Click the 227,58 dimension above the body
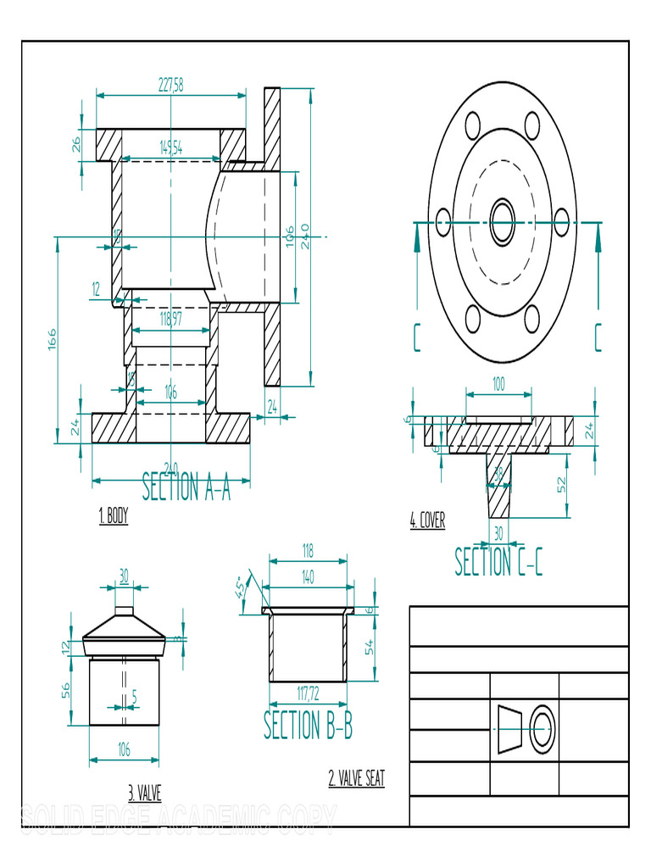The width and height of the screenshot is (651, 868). (x=171, y=84)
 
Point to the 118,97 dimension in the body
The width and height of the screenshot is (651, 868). (x=171, y=319)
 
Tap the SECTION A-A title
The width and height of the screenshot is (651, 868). (x=186, y=487)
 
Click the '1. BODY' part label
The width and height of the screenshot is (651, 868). (x=114, y=516)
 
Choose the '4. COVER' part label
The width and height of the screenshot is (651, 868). (x=427, y=520)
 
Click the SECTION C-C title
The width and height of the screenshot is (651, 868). (x=498, y=562)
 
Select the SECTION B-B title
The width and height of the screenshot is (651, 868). (x=308, y=726)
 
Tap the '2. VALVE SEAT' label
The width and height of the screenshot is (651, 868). (x=356, y=778)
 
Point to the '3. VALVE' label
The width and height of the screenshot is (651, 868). (x=144, y=793)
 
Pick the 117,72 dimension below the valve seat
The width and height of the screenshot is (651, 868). (x=308, y=693)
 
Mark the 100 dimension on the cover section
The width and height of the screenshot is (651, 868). (x=498, y=384)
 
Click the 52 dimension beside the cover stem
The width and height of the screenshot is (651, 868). (x=560, y=485)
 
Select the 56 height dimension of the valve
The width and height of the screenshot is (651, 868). (x=65, y=690)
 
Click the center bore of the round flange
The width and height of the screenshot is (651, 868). (x=503, y=223)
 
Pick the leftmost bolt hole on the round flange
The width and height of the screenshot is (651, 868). (x=443, y=223)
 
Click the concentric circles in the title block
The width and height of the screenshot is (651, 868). (x=542, y=728)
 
